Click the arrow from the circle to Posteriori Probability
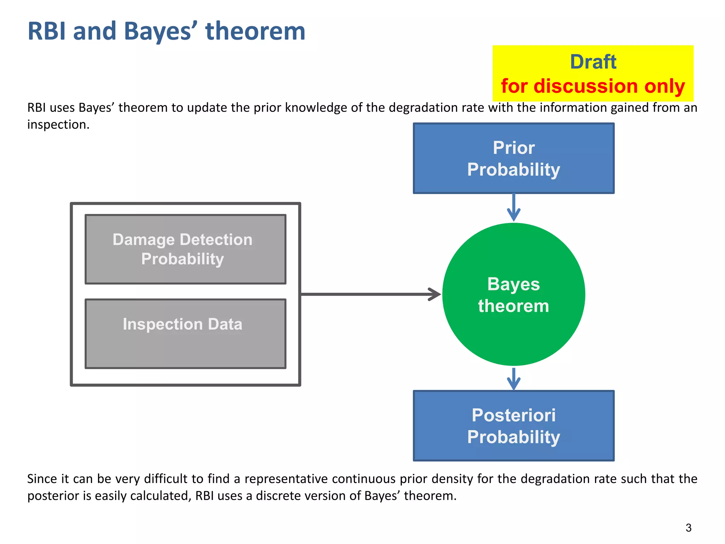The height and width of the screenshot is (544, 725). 513,379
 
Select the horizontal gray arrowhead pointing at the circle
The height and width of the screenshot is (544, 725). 435,294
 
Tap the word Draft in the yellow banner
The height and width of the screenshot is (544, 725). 593,62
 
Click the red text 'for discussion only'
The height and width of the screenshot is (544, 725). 593,86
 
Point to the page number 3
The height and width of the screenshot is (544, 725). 688,528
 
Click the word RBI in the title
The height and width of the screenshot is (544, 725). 47,31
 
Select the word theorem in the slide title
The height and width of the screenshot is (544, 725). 255,31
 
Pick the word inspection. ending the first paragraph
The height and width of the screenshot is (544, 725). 58,125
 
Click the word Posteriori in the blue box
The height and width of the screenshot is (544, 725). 513,415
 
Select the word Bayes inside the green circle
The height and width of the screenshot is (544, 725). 513,284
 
